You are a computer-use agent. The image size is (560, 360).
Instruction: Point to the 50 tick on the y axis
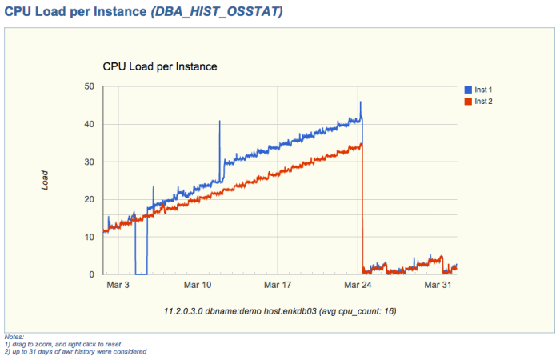(x=88, y=86)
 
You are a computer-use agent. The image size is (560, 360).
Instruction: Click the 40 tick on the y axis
(x=88, y=124)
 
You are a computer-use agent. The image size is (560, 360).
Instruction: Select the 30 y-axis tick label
(x=88, y=162)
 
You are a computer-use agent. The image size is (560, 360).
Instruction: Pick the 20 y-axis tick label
(x=88, y=199)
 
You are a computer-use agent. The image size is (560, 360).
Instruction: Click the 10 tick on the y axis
(x=88, y=237)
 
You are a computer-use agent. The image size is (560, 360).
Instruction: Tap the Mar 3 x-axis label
(x=118, y=285)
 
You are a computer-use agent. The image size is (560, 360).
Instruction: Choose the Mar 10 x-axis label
(x=198, y=285)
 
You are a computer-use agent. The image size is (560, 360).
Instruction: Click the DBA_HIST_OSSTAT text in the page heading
(x=216, y=12)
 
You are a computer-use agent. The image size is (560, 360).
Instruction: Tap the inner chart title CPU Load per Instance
(x=160, y=67)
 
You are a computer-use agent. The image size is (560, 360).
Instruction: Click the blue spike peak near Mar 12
(x=219, y=122)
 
